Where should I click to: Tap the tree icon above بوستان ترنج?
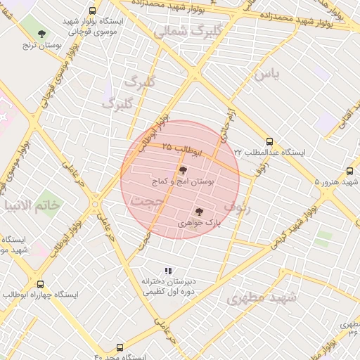(x=42, y=33)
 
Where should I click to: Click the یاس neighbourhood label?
(x=267, y=74)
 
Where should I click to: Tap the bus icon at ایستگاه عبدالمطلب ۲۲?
(x=269, y=141)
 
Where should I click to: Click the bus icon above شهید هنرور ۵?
(x=350, y=171)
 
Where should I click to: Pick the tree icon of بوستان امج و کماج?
(x=184, y=170)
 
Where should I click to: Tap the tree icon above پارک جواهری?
(x=198, y=210)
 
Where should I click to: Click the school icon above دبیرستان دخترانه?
(x=167, y=271)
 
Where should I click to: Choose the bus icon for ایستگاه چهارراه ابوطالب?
(x=39, y=284)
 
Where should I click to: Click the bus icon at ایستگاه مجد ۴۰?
(x=120, y=347)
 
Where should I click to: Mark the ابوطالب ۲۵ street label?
(x=183, y=148)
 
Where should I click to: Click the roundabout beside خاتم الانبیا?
(x=95, y=205)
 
